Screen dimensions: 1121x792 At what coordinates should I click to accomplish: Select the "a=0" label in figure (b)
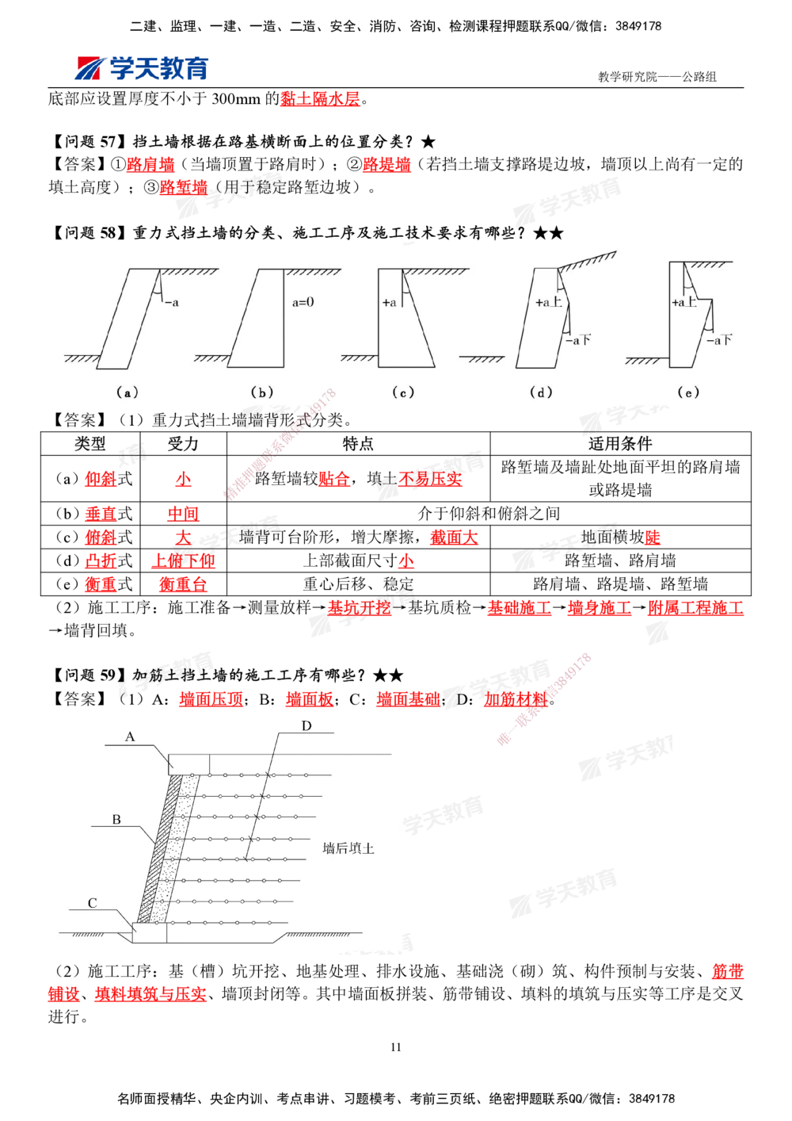click(303, 302)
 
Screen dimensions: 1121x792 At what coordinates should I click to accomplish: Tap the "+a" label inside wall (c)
click(389, 303)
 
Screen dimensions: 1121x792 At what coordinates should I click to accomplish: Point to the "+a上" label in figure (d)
click(548, 303)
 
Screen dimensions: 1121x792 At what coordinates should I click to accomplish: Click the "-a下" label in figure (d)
click(578, 340)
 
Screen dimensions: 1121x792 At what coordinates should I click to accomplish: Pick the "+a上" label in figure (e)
click(684, 302)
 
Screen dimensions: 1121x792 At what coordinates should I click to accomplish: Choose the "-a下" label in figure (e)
click(718, 340)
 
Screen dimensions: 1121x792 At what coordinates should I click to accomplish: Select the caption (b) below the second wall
click(262, 392)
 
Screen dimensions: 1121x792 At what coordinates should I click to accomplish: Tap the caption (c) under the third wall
click(403, 392)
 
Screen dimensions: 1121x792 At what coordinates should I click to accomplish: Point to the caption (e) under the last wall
click(688, 392)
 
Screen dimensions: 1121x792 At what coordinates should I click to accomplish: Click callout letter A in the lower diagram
click(130, 736)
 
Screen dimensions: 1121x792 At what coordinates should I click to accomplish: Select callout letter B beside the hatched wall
click(116, 819)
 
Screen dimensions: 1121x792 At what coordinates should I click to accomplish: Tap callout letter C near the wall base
click(93, 903)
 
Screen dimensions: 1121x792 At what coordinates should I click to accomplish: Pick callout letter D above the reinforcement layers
click(307, 725)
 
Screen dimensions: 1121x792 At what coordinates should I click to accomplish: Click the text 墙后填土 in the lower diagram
click(348, 848)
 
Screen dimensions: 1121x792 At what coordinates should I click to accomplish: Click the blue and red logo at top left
click(141, 68)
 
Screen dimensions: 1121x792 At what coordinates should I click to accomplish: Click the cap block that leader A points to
click(189, 764)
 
